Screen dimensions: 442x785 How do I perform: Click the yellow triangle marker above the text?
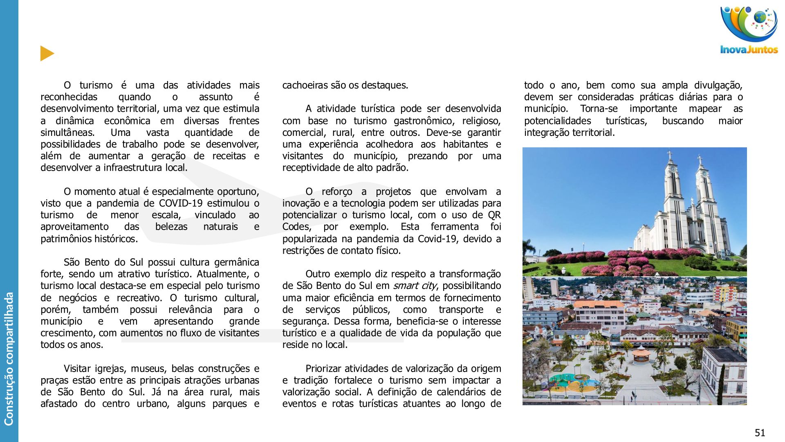47,54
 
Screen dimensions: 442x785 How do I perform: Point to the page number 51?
760,433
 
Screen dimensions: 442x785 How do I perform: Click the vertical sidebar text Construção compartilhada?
9,359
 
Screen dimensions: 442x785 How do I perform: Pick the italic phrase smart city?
415,286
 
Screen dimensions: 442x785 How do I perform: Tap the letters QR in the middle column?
494,215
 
